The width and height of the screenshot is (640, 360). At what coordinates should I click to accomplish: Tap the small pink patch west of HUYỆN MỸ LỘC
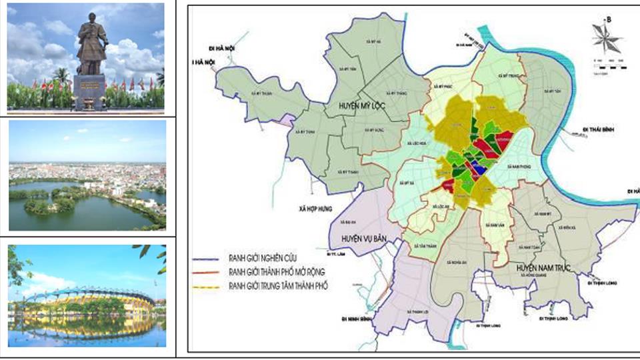[x=287, y=121]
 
